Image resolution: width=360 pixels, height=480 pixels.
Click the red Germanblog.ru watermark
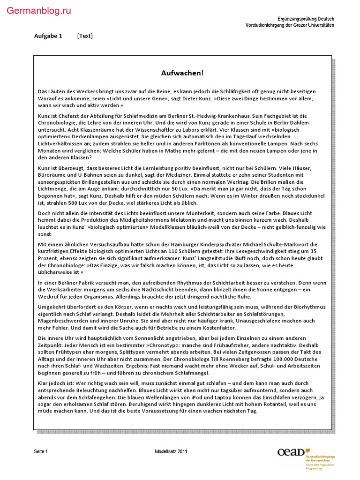pyautogui.click(x=39, y=11)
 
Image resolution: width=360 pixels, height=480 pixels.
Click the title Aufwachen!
pyautogui.click(x=182, y=73)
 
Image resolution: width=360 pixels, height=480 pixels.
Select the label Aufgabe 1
pyautogui.click(x=48, y=36)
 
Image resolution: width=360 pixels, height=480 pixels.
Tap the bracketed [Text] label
pyautogui.click(x=85, y=36)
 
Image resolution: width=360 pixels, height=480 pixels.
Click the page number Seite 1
pyautogui.click(x=41, y=451)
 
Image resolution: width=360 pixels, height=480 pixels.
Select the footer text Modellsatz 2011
pyautogui.click(x=171, y=451)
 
